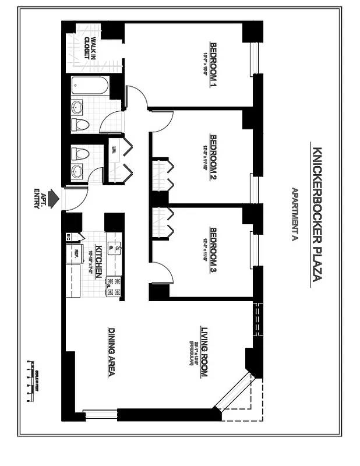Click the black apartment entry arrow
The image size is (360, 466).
point(54,199)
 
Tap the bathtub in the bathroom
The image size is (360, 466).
point(90,87)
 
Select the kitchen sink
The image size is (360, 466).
point(117,248)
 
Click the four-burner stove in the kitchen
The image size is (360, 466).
point(114,286)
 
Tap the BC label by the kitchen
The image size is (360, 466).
point(69,237)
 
